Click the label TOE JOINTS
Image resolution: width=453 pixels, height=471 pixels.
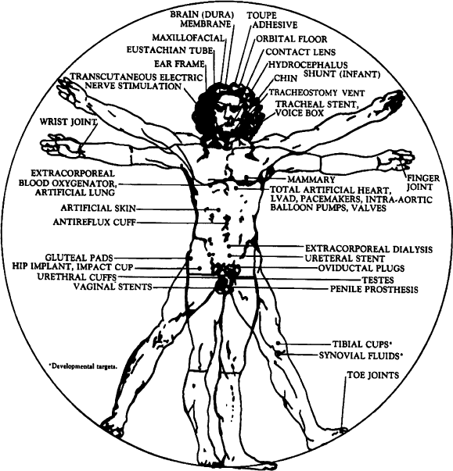coord(373,375)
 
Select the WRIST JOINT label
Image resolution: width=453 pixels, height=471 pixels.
coord(69,122)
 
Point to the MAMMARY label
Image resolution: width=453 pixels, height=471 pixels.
coord(311,180)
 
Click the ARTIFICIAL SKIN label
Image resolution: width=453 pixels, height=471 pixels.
coord(99,208)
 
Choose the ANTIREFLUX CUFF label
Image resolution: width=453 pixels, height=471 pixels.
coord(95,222)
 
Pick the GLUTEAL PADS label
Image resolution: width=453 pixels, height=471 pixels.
coord(79,258)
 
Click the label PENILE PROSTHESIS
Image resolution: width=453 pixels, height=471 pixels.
coord(374,289)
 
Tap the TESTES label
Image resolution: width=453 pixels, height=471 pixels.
coord(378,280)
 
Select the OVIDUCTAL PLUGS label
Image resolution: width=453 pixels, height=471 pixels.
coord(361,268)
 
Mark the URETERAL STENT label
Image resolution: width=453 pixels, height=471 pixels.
coord(345,259)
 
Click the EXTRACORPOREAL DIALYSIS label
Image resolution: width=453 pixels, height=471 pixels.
coord(369,249)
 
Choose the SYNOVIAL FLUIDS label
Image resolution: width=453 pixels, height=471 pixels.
coord(361,355)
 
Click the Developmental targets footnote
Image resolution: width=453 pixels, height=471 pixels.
coord(83,366)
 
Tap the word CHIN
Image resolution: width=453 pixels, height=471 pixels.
coord(286,78)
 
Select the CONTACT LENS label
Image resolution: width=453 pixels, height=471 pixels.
coord(300,52)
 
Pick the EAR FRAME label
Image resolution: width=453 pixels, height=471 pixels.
coord(179,64)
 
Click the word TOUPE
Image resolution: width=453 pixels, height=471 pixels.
coord(261,16)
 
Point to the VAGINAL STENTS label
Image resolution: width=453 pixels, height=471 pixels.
coord(113,287)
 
